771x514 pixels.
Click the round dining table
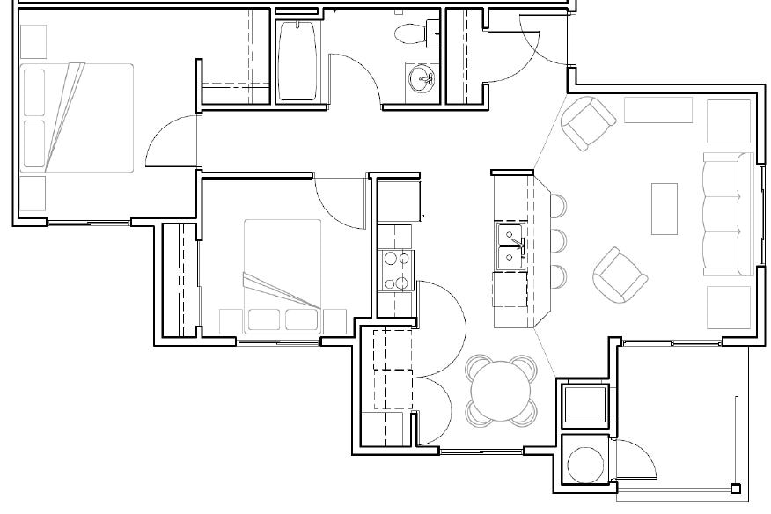[502, 388]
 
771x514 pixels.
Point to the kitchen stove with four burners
[395, 270]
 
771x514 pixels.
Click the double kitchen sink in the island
[510, 246]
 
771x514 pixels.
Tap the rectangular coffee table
[664, 208]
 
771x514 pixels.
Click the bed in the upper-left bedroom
[77, 116]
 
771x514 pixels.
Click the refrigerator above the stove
[400, 202]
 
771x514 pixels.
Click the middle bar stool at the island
[556, 239]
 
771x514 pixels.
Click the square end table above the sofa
[728, 121]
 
